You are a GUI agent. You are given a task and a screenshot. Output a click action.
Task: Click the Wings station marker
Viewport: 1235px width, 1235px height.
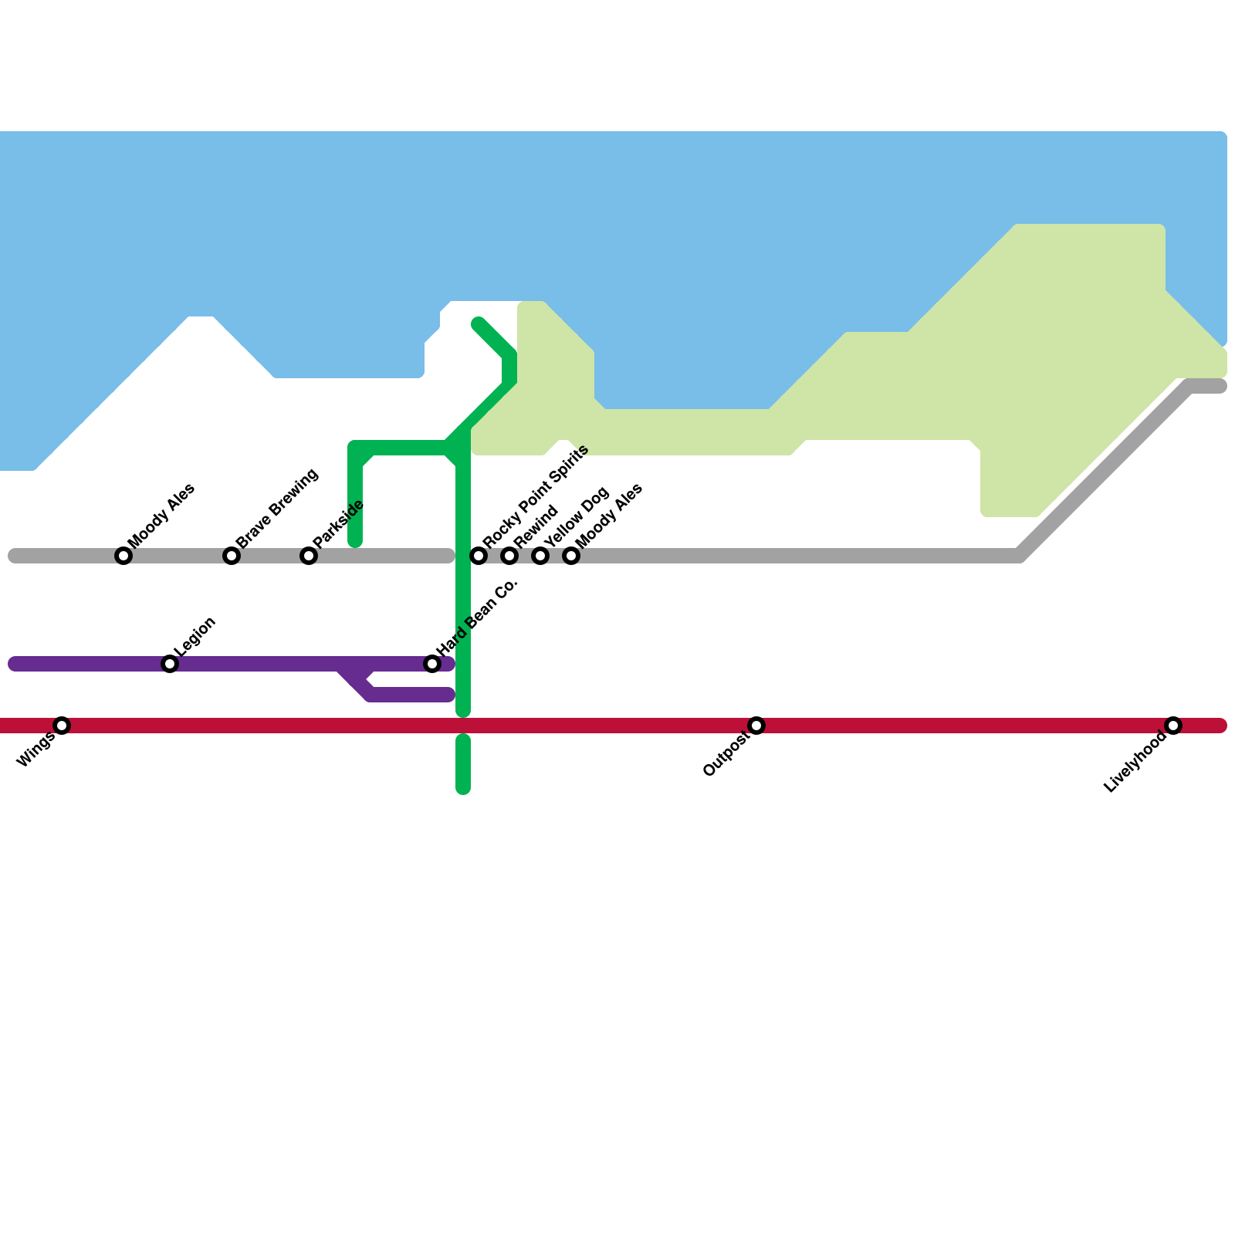[62, 726]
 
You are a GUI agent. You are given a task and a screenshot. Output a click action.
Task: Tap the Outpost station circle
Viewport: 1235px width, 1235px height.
[756, 726]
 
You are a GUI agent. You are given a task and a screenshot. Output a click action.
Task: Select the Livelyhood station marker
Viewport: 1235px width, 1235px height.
[1173, 726]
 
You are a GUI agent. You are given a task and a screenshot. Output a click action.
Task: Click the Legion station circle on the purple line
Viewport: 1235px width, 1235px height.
[170, 664]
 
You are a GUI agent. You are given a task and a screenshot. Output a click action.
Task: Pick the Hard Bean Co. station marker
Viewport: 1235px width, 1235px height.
[432, 664]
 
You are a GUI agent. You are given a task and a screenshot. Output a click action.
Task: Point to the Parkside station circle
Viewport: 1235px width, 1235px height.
[309, 556]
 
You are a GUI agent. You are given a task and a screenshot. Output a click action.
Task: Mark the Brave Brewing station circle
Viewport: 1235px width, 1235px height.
[232, 556]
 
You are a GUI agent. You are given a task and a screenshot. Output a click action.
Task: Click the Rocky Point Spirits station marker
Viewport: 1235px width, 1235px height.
[479, 556]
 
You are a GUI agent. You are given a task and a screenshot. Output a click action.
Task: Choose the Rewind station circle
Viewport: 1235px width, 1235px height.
[509, 556]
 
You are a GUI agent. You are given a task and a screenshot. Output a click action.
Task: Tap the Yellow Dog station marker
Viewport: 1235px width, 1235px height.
[540, 556]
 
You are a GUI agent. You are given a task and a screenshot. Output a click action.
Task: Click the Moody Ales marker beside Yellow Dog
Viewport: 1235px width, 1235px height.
[571, 556]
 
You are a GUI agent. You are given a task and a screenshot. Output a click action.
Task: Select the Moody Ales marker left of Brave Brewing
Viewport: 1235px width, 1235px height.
[123, 556]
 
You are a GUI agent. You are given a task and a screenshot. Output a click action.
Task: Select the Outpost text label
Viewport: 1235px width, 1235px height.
[726, 755]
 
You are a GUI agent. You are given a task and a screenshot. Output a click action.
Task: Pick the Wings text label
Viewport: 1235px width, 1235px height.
[36, 749]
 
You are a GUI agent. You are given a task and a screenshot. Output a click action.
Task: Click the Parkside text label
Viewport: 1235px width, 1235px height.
[339, 523]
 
